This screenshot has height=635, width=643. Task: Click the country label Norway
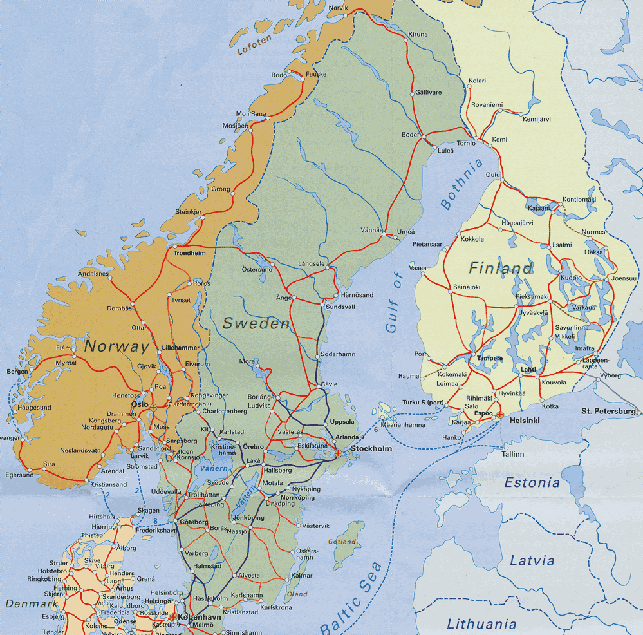click(116, 346)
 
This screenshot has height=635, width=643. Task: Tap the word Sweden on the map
click(256, 323)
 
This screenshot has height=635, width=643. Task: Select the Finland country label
click(500, 268)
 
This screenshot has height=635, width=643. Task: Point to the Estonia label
click(532, 482)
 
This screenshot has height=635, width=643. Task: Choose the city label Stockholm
click(371, 448)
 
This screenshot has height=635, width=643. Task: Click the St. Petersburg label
click(608, 411)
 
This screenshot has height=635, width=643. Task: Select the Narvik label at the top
click(338, 7)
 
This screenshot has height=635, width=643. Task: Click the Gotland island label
click(342, 542)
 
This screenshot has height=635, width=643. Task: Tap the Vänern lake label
click(213, 468)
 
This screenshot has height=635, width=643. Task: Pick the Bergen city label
click(17, 372)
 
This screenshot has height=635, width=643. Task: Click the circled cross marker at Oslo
click(153, 407)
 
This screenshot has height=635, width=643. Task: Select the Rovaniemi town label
click(487, 104)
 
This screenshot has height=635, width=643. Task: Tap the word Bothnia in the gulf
click(461, 184)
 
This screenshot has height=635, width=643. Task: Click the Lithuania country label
click(481, 623)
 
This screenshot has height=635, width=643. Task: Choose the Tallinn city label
click(512, 454)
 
